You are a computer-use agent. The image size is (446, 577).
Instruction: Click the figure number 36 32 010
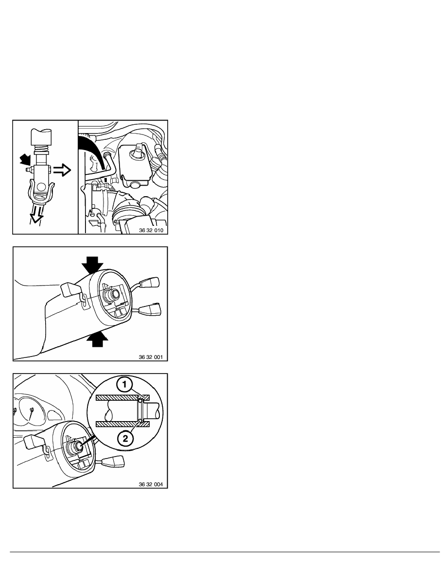(151, 230)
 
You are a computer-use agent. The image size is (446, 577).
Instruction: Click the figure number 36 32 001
(151, 357)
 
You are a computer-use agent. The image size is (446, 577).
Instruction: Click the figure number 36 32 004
(151, 484)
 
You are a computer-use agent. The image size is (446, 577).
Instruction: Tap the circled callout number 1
(125, 385)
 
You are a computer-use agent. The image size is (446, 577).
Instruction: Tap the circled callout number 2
(125, 439)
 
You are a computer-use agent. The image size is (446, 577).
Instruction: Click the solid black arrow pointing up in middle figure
(97, 339)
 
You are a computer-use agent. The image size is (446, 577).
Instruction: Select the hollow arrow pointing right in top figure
(61, 170)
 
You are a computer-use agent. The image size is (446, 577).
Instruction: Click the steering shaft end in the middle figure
(112, 294)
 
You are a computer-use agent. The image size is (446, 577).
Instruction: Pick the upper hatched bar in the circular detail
(122, 398)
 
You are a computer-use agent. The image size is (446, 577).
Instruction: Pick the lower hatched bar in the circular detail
(122, 424)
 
